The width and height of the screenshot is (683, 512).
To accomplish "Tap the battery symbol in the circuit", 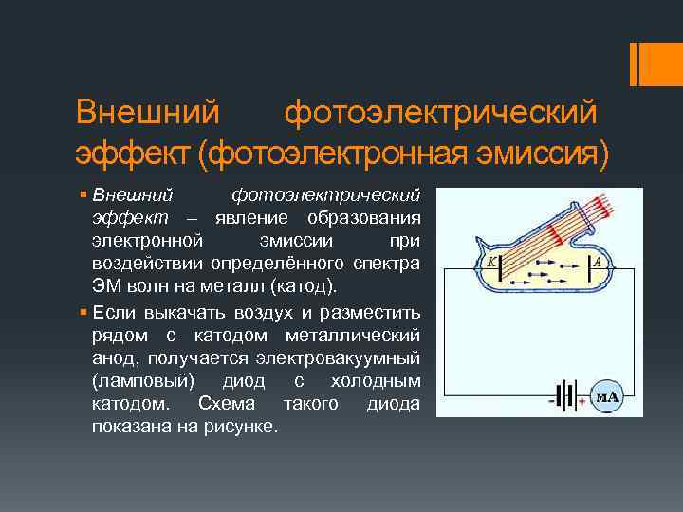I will coord(567,396).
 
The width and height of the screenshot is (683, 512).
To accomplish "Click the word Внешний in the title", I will coord(148,113).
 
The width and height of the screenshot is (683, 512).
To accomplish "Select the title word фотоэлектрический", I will coord(441,113).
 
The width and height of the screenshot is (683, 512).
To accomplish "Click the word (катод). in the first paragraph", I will coord(308,286).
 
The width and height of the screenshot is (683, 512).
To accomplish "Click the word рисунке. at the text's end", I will coord(246,427).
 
